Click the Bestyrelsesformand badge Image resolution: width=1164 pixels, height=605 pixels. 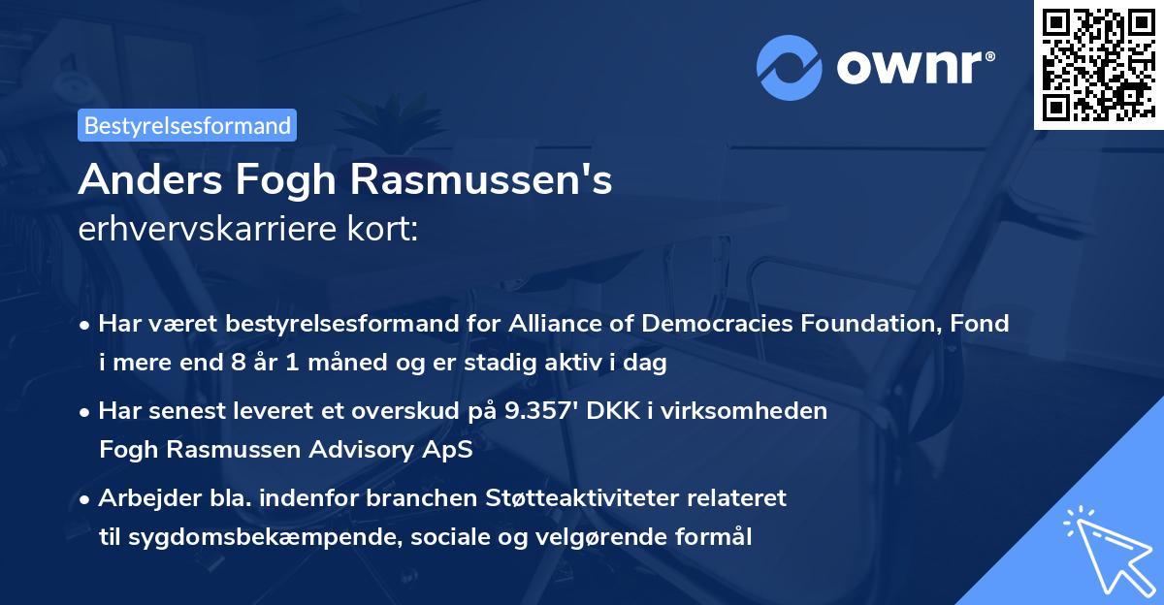click(x=186, y=125)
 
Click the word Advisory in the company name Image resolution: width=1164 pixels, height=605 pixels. click(x=362, y=451)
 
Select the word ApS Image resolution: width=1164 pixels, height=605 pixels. click(x=452, y=451)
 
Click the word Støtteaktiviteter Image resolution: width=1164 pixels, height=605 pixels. click(x=575, y=498)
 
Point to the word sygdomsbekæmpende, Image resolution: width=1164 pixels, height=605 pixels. click(x=237, y=537)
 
